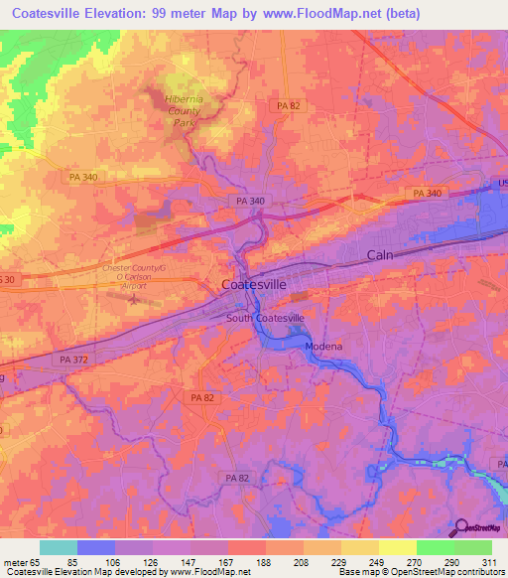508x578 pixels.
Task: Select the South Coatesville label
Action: coord(265,317)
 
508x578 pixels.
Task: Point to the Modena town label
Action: coord(322,346)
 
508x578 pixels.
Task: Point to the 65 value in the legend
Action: coord(40,562)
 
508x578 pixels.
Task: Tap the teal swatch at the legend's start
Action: coord(59,547)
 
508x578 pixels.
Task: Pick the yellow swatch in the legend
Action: coord(398,547)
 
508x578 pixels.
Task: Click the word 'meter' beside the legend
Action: coord(15,562)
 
